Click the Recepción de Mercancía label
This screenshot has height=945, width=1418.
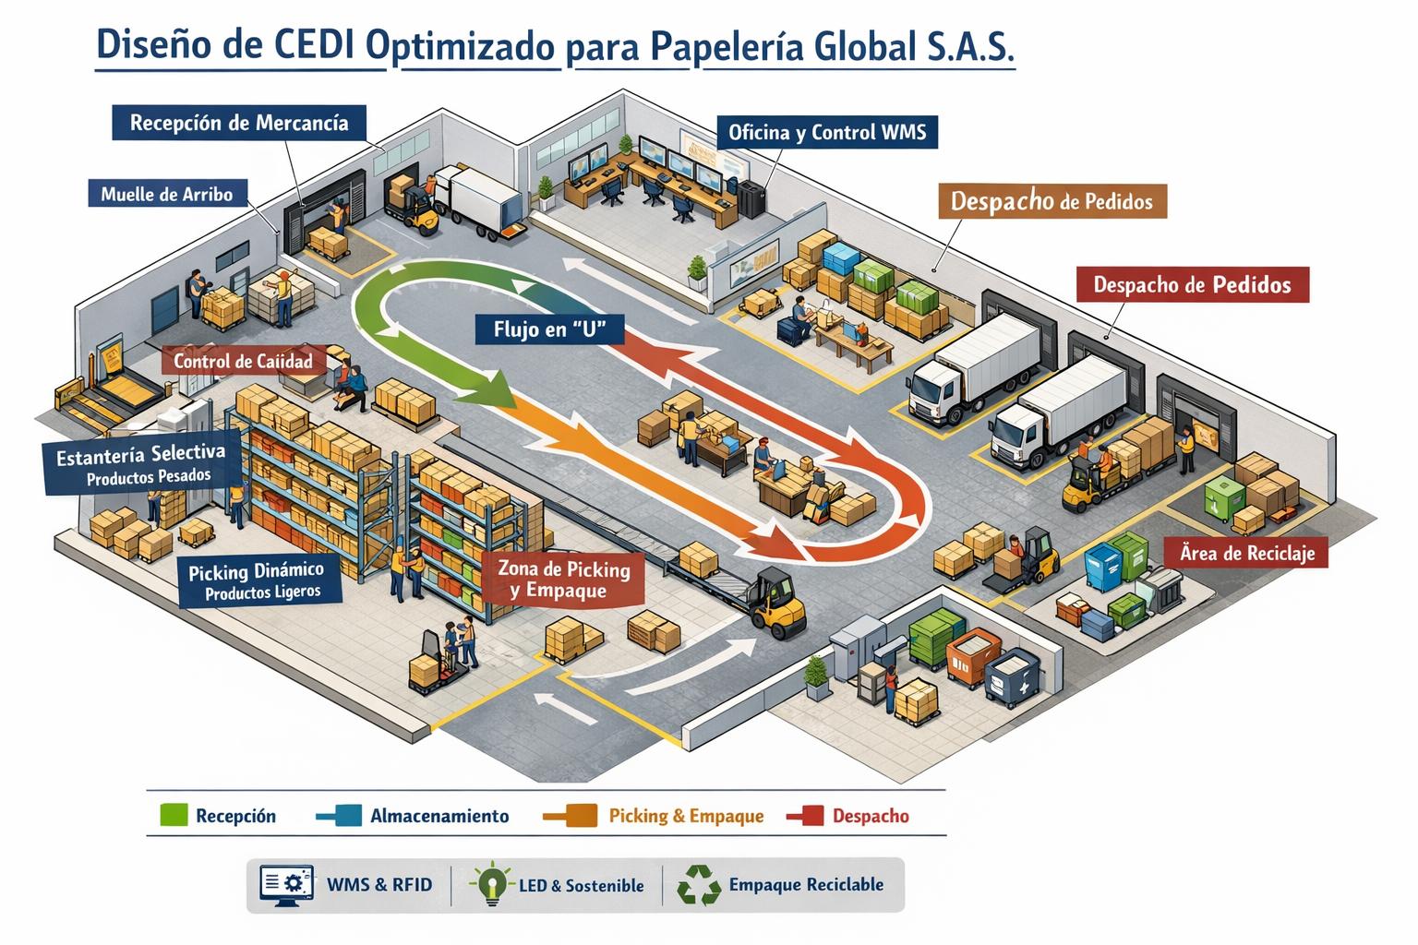[x=238, y=123]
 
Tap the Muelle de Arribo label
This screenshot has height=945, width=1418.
[x=166, y=194]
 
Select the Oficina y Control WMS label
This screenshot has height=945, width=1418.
[x=826, y=132]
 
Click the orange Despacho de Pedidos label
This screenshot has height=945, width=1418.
[x=1051, y=200]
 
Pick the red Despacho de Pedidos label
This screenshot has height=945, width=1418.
[x=1192, y=284]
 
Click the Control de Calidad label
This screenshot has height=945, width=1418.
[x=243, y=361]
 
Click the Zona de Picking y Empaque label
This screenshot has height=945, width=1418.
[x=563, y=580]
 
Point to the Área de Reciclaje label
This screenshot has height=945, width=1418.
[x=1246, y=553]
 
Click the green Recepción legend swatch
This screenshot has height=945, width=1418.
[x=174, y=815]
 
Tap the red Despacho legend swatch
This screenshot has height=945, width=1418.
[x=811, y=815]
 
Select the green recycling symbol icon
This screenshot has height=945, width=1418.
[x=699, y=885]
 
